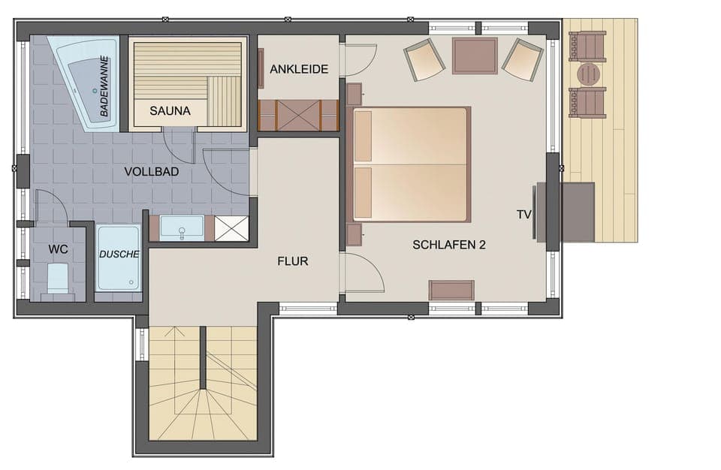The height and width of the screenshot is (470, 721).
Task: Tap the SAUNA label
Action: coord(170,111)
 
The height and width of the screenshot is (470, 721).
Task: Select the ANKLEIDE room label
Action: coord(299,69)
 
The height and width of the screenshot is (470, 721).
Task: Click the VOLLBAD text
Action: coord(152,172)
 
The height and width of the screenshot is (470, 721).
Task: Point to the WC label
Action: coord(59,248)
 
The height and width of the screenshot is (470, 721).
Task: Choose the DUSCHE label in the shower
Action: coord(119,255)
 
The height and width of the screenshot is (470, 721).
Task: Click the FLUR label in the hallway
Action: coord(293,261)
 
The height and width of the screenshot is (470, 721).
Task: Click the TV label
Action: coord(523,214)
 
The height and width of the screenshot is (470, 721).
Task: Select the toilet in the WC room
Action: coord(58,278)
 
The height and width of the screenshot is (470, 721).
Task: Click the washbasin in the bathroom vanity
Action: coord(182,227)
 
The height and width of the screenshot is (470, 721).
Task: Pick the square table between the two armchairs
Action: coord(475,56)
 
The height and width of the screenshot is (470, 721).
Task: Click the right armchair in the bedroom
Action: coord(523,59)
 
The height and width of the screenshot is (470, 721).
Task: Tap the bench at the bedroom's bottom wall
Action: coord(451,290)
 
